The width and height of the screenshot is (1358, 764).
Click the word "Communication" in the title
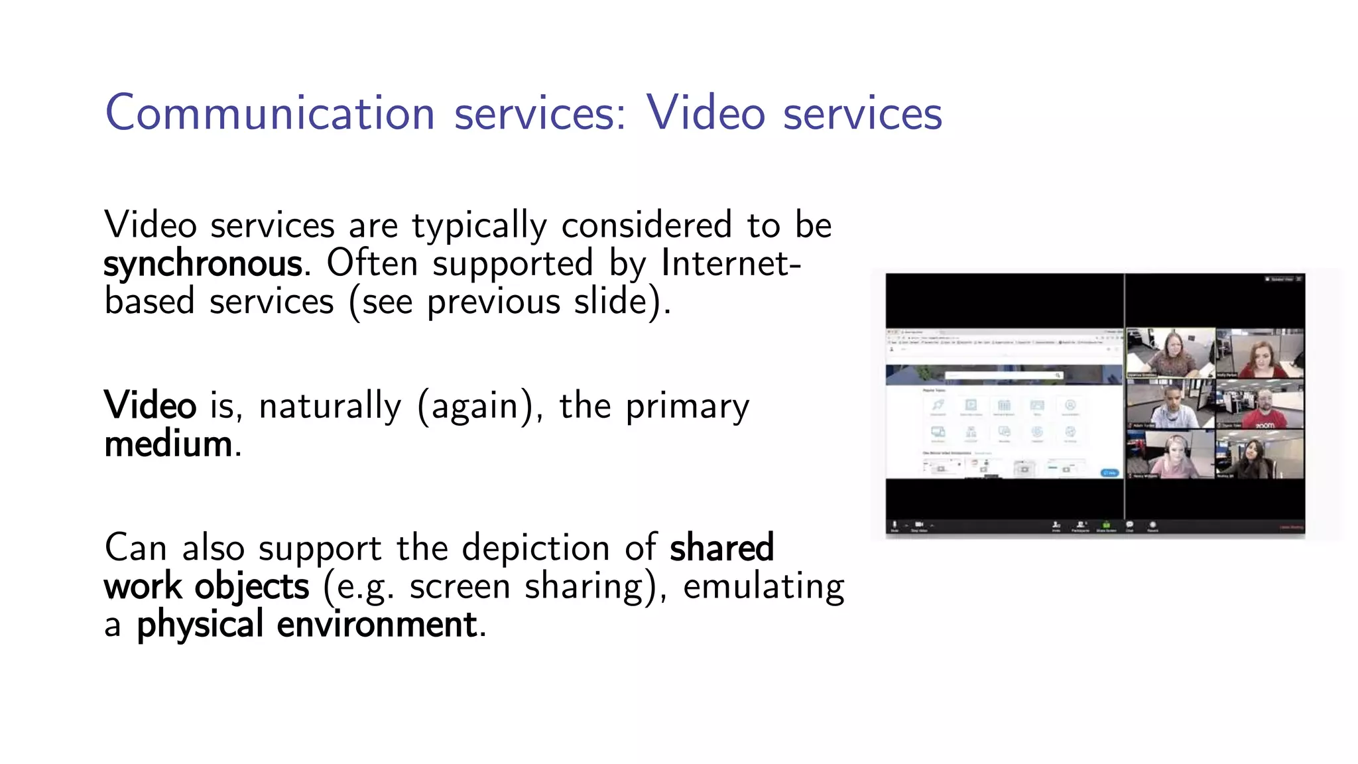[270, 113]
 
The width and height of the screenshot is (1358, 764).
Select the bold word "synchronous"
[203, 264]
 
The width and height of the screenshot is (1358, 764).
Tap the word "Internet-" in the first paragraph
[731, 263]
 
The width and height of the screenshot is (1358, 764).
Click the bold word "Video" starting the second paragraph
[150, 405]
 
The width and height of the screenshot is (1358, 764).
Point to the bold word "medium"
[169, 444]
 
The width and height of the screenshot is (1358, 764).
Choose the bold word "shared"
[721, 548]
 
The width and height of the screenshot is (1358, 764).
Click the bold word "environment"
[377, 625]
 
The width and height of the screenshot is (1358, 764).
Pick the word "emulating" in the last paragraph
[764, 586]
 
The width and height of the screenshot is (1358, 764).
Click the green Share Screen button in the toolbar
[1106, 526]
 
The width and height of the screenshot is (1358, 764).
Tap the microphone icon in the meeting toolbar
[895, 525]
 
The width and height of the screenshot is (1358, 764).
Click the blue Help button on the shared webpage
[1109, 472]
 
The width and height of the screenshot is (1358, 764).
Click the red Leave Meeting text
[1291, 528]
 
